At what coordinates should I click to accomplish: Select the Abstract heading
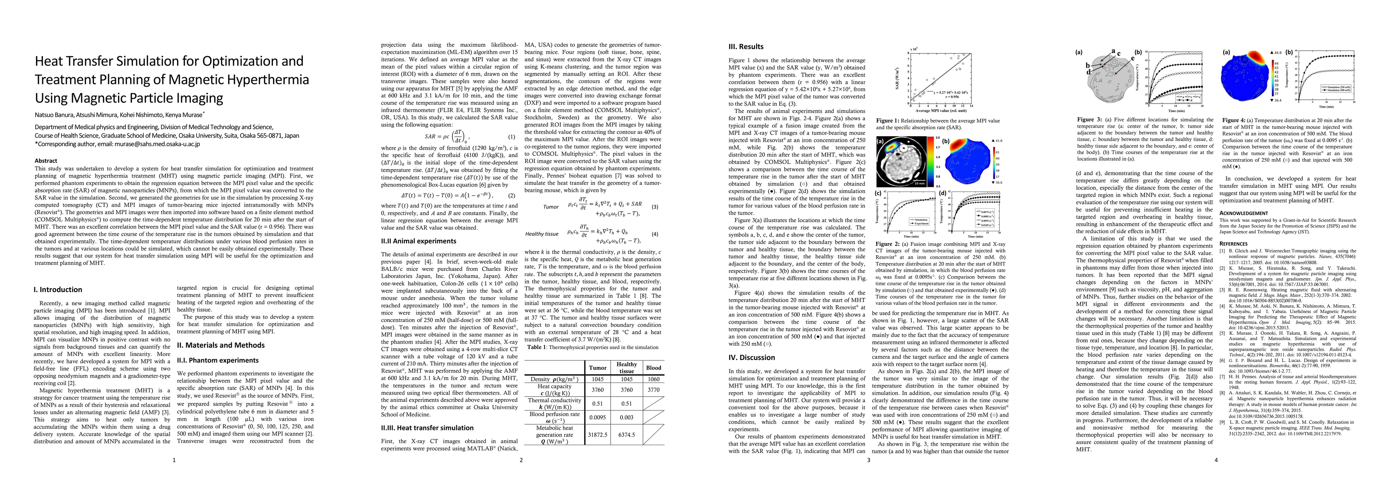pyautogui.click(x=46, y=161)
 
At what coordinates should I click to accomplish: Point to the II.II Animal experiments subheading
pyautogui.click(x=418, y=241)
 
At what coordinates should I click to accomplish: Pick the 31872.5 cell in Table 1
pyautogui.click(x=597, y=435)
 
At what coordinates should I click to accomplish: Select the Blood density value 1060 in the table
pyautogui.click(x=654, y=379)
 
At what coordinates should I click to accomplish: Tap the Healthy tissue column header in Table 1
pyautogui.click(x=627, y=367)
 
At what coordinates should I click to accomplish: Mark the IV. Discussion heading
pyautogui.click(x=752, y=357)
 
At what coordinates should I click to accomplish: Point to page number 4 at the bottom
pyautogui.click(x=1216, y=460)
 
